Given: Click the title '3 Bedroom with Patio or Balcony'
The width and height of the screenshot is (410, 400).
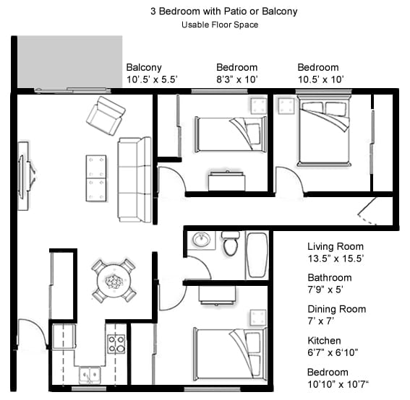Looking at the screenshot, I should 223,12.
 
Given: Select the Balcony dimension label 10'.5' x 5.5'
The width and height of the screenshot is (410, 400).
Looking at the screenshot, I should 152,79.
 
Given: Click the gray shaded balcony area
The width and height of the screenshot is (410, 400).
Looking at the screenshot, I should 69,61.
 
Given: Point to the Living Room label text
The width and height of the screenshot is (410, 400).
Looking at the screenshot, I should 336,246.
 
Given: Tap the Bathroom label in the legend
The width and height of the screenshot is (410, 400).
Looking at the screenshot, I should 329,277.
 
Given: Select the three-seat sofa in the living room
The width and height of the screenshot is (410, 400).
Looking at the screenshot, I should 134,179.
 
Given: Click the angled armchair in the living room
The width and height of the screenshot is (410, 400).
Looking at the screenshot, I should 106,116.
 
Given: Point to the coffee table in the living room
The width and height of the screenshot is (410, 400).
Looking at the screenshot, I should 95,178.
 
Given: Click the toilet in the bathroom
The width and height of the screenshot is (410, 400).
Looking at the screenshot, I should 231,244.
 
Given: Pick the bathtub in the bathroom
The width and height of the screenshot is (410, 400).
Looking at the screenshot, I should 257,254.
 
